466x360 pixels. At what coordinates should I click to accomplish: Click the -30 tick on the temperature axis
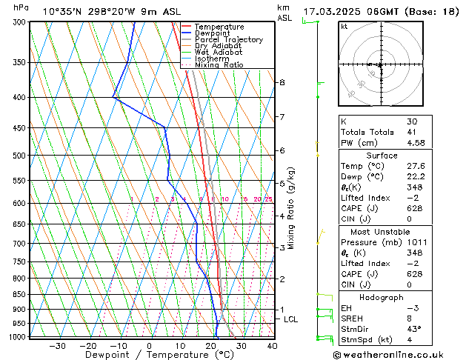(57, 346)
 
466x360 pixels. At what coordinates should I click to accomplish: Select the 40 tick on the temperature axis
(272, 346)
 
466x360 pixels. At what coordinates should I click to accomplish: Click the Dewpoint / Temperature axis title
(149, 356)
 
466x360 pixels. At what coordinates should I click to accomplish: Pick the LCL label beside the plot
(291, 319)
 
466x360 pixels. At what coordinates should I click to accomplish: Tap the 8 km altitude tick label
(282, 82)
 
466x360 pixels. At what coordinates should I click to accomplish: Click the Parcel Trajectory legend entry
(228, 40)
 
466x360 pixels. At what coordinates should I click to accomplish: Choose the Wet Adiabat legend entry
(217, 53)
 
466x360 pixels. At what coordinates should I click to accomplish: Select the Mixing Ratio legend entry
(219, 65)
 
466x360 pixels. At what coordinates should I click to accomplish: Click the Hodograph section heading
(382, 297)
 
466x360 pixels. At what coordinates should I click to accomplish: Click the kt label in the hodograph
(344, 26)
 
